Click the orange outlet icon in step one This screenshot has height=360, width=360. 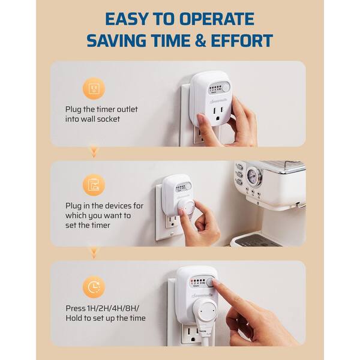[94, 89]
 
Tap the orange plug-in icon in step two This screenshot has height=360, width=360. [94, 184]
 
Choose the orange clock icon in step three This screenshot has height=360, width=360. [94, 287]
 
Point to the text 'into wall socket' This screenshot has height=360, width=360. [92, 119]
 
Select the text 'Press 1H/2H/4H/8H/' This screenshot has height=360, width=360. [102, 308]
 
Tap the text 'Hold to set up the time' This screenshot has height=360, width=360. [106, 319]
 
